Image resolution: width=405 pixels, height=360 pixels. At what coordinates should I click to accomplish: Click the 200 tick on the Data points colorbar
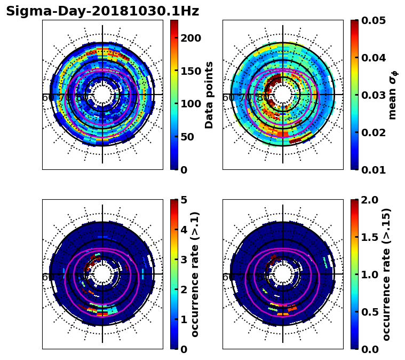point(190,38)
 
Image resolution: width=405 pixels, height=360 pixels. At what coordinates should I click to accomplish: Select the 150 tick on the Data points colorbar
point(190,71)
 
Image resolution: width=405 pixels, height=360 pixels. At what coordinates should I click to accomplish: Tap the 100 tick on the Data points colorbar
point(190,104)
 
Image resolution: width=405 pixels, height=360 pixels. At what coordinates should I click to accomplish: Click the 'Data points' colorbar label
point(209,95)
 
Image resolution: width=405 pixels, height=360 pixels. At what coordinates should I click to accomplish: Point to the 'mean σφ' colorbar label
point(393,95)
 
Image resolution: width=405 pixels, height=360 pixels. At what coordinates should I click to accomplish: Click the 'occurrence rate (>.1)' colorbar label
point(195,274)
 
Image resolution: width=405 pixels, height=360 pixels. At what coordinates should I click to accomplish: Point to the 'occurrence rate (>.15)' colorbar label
point(387,274)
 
